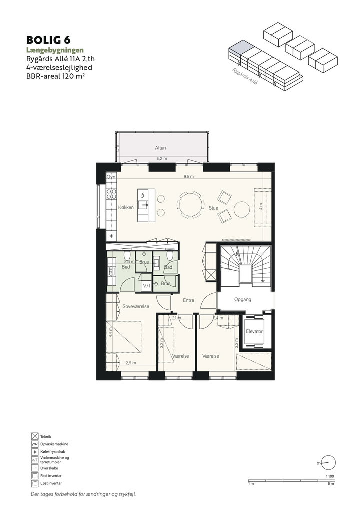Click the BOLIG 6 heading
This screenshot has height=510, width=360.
click(48, 40)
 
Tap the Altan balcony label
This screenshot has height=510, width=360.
click(160, 148)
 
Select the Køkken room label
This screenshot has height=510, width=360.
click(126, 207)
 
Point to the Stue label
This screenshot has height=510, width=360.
click(214, 208)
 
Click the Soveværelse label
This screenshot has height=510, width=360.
click(136, 306)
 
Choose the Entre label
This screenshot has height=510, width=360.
click(189, 300)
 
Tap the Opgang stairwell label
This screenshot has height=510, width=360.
click(243, 300)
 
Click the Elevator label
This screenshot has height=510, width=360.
click(254, 331)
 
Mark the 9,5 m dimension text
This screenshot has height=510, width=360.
click(189, 177)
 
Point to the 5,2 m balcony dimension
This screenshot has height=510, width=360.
click(162, 159)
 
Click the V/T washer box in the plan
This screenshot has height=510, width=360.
click(147, 286)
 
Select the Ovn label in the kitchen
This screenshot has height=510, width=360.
click(111, 177)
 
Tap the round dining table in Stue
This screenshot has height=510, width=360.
click(191, 205)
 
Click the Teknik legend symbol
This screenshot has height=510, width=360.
click(35, 437)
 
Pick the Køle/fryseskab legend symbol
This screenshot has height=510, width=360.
click(35, 452)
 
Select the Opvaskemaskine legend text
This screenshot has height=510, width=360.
click(54, 444)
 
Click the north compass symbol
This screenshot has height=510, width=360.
click(329, 463)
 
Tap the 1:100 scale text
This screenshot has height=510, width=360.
click(330, 477)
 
